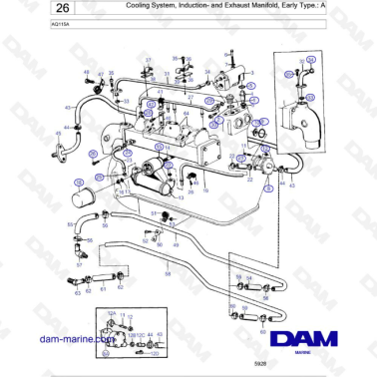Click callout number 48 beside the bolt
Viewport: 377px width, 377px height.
pyautogui.click(x=86, y=71)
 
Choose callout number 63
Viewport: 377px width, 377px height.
pyautogui.click(x=78, y=293)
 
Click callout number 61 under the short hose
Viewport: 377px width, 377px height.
pyautogui.click(x=102, y=287)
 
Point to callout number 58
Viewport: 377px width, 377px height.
pyautogui.click(x=168, y=272)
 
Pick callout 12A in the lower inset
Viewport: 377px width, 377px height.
pyautogui.click(x=112, y=312)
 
